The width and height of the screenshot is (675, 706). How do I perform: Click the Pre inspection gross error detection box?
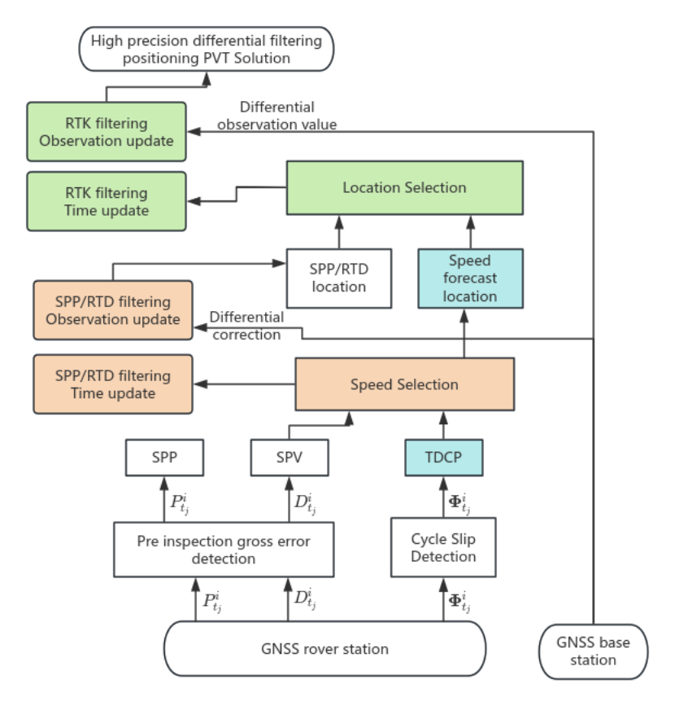click(223, 548)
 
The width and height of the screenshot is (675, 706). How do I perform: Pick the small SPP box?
click(163, 458)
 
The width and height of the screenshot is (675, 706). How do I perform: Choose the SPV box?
click(289, 458)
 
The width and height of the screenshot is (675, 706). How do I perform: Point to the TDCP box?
click(443, 458)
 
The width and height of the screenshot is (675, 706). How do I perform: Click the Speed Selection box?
click(404, 384)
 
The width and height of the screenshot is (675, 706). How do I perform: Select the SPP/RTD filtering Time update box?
click(113, 384)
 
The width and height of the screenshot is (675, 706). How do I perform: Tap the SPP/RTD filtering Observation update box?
click(113, 309)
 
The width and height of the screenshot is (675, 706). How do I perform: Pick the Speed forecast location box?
click(470, 278)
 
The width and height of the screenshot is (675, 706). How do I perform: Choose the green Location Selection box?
click(404, 187)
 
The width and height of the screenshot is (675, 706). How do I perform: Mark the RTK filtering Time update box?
click(107, 202)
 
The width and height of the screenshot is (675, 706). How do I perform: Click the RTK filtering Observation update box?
click(107, 132)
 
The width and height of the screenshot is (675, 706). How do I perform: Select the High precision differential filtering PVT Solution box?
click(206, 49)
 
